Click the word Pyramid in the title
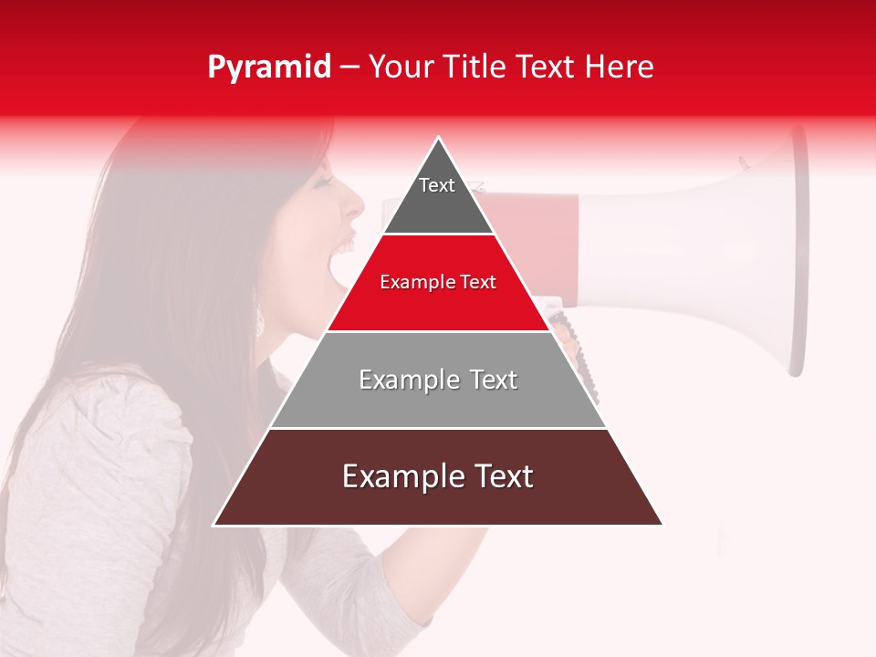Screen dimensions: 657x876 (x=268, y=68)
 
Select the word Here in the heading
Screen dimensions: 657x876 (x=620, y=67)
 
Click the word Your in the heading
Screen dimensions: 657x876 (x=401, y=67)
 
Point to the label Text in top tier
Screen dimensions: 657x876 (x=437, y=185)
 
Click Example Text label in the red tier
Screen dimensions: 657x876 (x=438, y=282)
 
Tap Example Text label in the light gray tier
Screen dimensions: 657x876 (x=438, y=380)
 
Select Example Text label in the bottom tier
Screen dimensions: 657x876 (x=438, y=476)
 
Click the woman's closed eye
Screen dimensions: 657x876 (x=322, y=181)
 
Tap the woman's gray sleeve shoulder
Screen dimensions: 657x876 (x=137, y=411)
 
